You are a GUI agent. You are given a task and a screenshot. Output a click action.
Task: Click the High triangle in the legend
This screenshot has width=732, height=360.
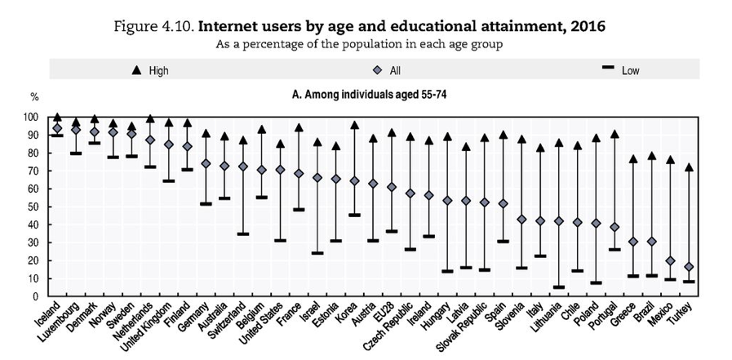137,70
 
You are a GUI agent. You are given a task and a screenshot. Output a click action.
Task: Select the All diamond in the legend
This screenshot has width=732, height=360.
378,70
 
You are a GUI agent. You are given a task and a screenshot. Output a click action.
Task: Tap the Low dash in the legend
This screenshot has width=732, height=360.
607,70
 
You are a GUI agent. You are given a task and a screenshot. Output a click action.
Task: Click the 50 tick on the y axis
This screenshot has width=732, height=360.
33,207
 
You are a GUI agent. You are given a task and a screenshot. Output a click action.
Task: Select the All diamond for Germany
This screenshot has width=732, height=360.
206,163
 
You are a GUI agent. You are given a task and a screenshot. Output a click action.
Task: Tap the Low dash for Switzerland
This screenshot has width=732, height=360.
242,233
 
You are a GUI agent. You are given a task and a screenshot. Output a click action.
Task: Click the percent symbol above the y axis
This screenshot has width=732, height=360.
34,98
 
